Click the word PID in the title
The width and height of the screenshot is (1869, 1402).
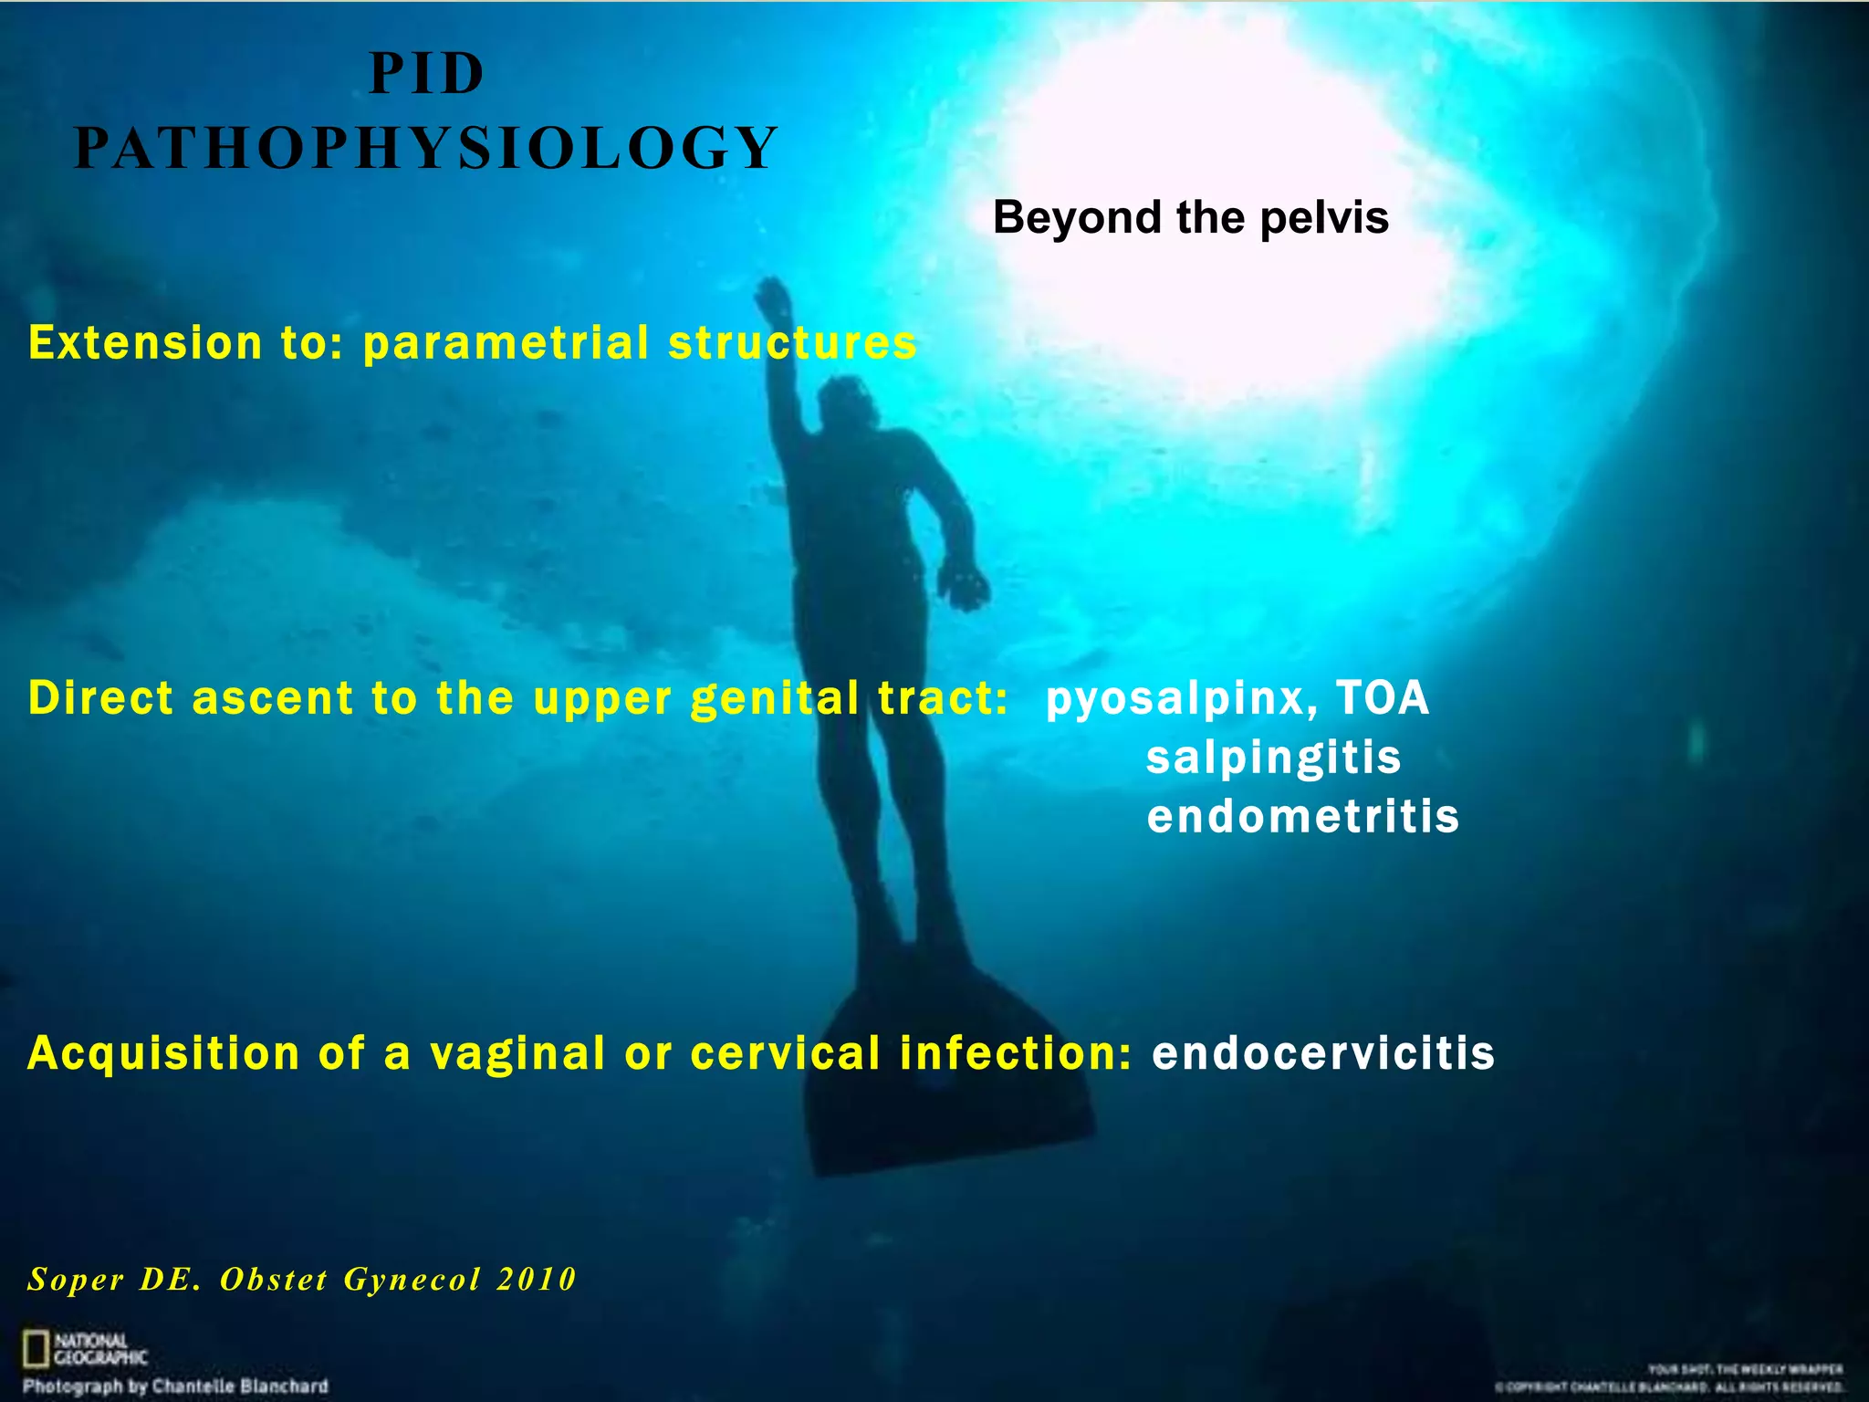click(x=426, y=74)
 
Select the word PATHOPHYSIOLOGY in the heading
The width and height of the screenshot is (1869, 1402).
click(x=426, y=148)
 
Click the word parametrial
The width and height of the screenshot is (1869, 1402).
click(x=506, y=343)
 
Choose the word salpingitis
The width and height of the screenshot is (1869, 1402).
click(x=1273, y=758)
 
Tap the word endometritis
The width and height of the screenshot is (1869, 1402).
click(x=1302, y=816)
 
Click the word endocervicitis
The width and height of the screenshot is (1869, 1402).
click(x=1323, y=1053)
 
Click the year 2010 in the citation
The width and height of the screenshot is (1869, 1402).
click(x=537, y=1279)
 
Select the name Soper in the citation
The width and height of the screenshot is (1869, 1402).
click(x=76, y=1279)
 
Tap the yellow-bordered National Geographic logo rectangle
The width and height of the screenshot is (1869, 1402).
click(x=36, y=1348)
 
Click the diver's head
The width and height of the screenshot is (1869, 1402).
click(x=844, y=402)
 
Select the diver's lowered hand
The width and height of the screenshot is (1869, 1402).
click(x=963, y=584)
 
